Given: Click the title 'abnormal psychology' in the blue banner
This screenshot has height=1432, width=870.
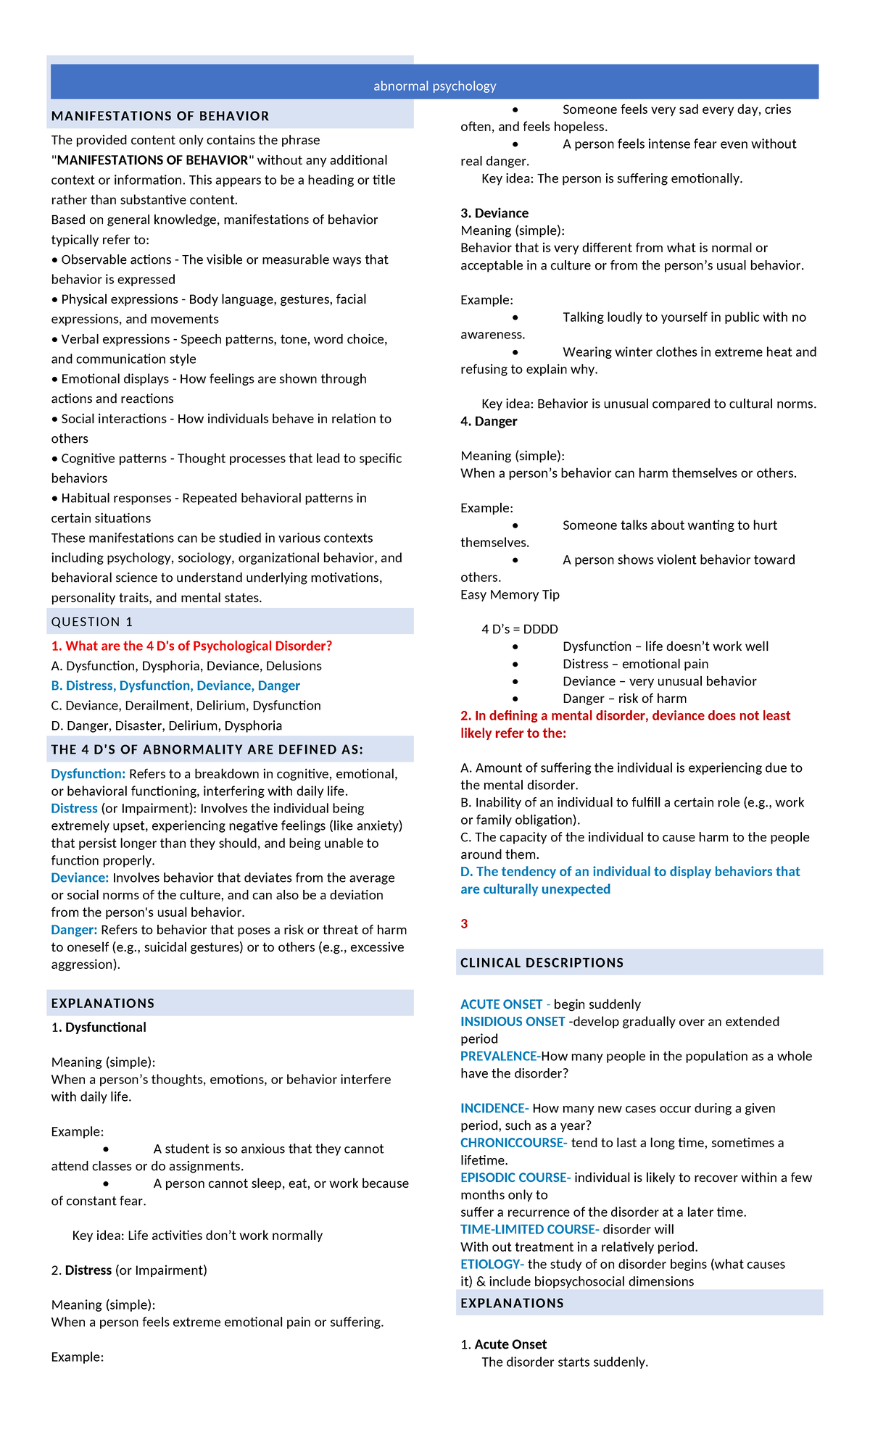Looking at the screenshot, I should point(434,86).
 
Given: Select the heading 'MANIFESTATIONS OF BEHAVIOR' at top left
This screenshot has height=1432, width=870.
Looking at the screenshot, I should point(159,116).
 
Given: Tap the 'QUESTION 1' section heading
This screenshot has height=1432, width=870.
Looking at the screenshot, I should point(92,622).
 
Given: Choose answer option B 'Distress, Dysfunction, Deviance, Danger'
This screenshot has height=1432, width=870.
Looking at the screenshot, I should point(175,686).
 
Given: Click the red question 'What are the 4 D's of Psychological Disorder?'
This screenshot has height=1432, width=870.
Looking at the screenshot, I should point(191,646).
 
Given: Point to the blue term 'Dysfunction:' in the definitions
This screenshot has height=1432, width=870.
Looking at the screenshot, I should point(88,774).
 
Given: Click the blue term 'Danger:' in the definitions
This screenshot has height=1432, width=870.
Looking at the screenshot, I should point(74,930).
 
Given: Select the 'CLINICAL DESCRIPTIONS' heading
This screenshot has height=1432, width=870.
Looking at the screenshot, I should point(542,962).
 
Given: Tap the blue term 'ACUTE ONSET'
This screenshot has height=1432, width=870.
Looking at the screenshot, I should point(501,1004).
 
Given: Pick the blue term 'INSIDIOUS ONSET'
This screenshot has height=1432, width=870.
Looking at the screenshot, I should point(513,1022).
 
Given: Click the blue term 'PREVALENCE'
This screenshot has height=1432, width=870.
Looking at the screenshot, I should point(499,1057).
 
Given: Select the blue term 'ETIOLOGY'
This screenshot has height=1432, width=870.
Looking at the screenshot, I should point(491,1264).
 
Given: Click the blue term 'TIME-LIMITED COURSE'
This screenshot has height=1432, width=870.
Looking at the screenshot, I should point(529,1229).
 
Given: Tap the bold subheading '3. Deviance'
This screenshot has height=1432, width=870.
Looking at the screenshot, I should point(494,213).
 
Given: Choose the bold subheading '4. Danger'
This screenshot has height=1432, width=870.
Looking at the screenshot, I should point(489,421).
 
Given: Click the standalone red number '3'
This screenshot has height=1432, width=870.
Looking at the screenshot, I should point(464,924).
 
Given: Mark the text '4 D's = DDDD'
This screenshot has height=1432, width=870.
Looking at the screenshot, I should point(519,629).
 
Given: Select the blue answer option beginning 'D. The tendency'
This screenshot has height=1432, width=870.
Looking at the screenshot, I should point(629,880).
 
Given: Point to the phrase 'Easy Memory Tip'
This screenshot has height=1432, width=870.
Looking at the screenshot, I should point(510,594).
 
